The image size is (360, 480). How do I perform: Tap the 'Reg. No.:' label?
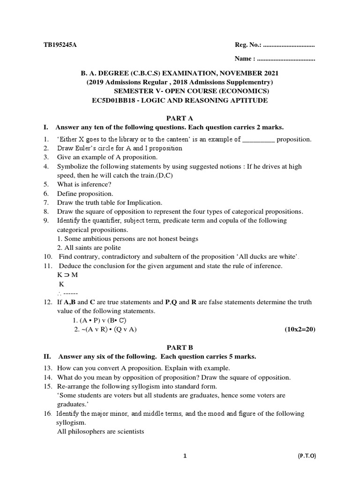(248, 45)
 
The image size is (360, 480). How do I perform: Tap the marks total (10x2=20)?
(300, 330)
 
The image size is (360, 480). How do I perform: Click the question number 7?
(46, 202)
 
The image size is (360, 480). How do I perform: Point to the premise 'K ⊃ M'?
(67, 275)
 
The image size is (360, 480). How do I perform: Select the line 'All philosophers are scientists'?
(100, 432)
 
